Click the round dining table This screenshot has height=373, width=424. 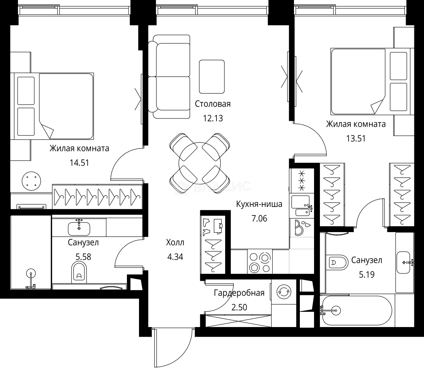(x=200, y=163)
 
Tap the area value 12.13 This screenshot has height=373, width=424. (x=213, y=118)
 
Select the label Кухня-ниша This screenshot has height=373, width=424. (x=259, y=204)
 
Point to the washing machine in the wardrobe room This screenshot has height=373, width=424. (x=284, y=291)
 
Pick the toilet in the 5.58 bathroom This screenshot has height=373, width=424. (x=79, y=272)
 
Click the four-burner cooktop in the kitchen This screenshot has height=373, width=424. (x=260, y=261)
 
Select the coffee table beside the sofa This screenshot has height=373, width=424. (x=212, y=77)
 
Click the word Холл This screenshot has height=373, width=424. (x=175, y=242)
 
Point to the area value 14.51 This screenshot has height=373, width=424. (x=79, y=163)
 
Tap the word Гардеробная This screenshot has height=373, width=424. (x=239, y=293)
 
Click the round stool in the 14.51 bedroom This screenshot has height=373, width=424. (x=31, y=181)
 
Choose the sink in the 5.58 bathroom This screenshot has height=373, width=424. (x=79, y=229)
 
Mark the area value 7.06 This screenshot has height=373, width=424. (x=259, y=219)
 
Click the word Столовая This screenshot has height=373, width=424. (x=213, y=104)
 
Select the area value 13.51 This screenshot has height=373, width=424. (x=356, y=138)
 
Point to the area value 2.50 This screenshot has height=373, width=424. (x=239, y=307)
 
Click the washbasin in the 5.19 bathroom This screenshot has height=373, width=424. (x=404, y=262)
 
